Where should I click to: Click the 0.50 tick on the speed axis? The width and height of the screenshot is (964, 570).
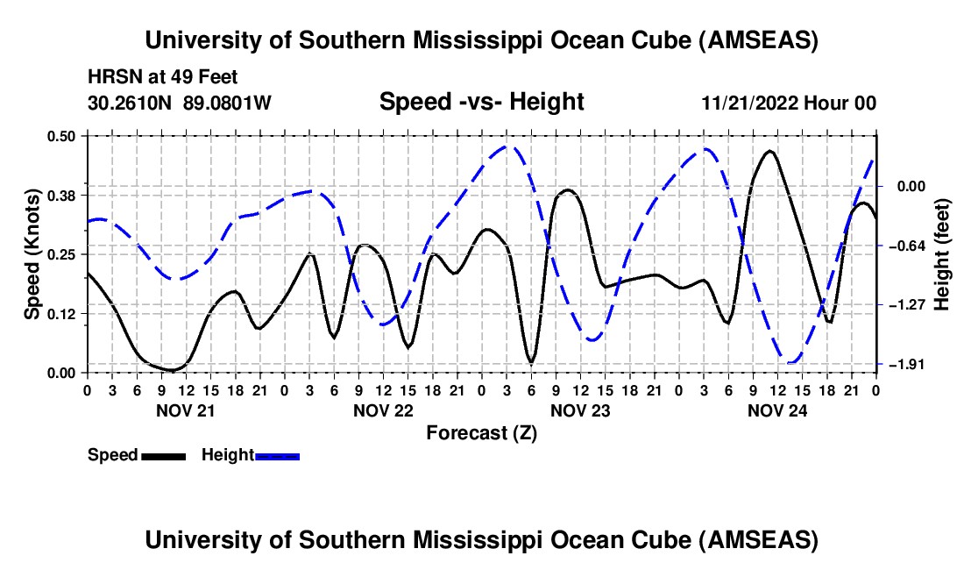(65, 135)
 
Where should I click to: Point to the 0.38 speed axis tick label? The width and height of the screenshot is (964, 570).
(65, 195)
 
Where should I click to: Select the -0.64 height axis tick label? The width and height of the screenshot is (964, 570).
(906, 246)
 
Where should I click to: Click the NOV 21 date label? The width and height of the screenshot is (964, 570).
(185, 410)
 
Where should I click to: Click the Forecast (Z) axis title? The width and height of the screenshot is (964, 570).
(481, 432)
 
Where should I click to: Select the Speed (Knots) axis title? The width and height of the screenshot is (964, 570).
(32, 253)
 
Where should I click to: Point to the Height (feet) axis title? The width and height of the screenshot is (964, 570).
(942, 254)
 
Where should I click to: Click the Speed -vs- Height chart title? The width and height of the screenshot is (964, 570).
(481, 103)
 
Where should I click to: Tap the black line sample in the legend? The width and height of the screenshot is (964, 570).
(162, 455)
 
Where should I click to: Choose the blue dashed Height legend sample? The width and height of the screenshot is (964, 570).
(277, 455)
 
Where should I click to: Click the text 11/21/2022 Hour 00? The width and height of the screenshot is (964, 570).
(789, 103)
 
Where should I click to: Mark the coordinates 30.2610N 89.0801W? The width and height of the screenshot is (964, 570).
(180, 103)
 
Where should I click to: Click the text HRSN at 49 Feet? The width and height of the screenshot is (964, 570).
(162, 78)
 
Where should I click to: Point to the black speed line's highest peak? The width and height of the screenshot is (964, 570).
(770, 151)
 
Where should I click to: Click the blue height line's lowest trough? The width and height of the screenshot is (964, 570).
(791, 361)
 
